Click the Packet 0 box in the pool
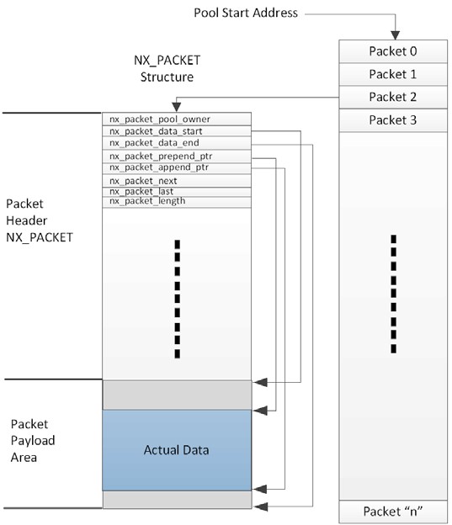[x=392, y=50]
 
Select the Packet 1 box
[x=392, y=74]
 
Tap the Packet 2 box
[x=392, y=97]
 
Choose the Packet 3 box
[x=392, y=120]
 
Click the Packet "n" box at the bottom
[x=392, y=511]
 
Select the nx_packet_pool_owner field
[x=160, y=119]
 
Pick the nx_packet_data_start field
[x=156, y=131]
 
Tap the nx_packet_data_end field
[x=154, y=143]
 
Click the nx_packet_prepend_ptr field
[x=160, y=156]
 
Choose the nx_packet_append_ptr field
[x=158, y=167]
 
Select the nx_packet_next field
[x=143, y=181]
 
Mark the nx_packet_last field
[x=141, y=191]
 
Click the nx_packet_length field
[x=147, y=201]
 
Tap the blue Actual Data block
[x=177, y=449]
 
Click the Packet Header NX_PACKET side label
[x=39, y=221]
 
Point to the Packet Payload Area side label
[x=33, y=438]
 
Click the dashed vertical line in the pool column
[x=392, y=293]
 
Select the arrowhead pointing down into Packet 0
[x=392, y=32]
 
